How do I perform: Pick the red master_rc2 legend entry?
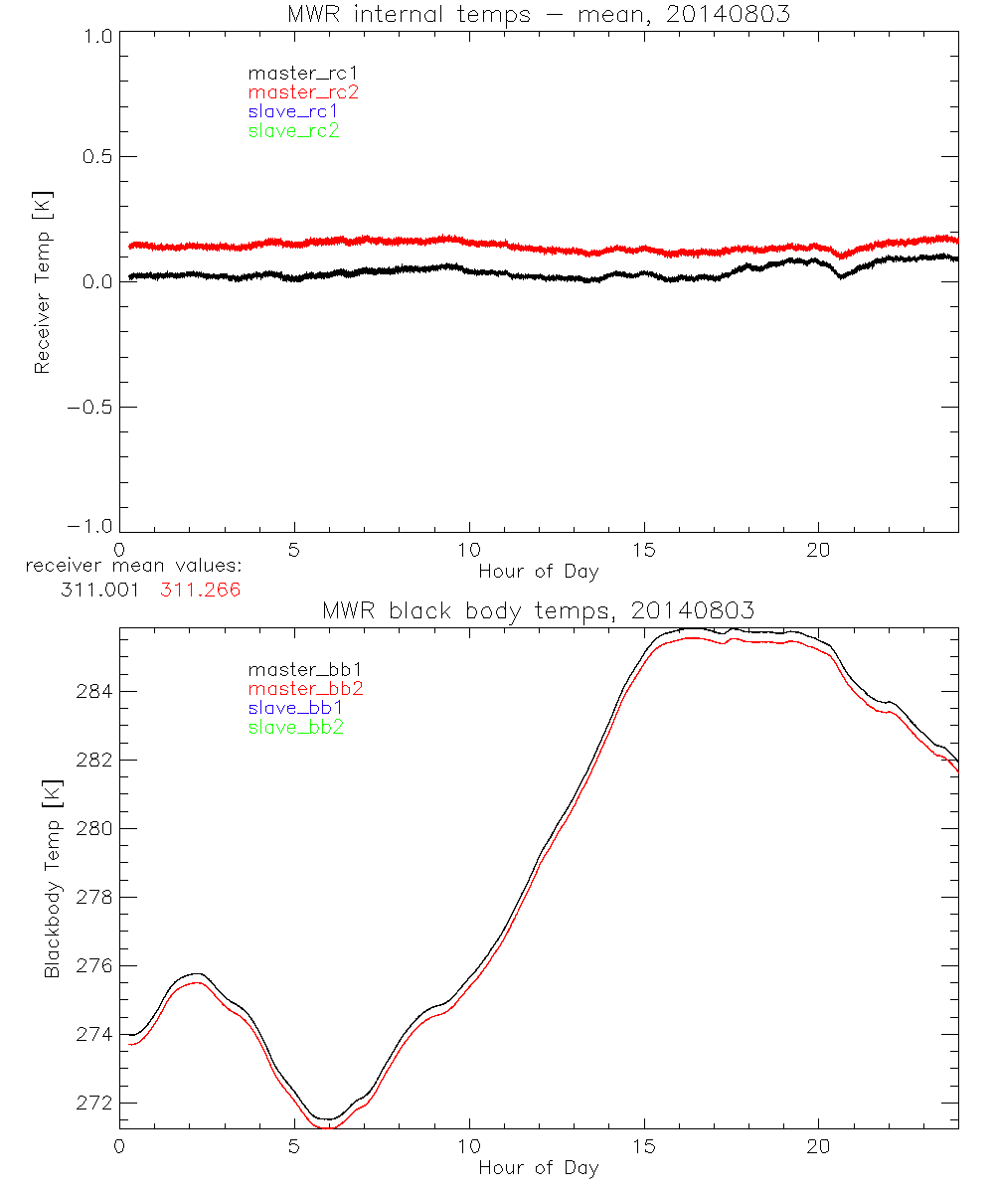[x=303, y=91]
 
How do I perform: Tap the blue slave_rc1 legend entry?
[x=293, y=111]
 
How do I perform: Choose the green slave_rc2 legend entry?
[x=293, y=130]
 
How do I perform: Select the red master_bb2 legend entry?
[x=305, y=688]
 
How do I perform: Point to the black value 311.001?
[x=99, y=590]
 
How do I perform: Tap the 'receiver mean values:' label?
[x=133, y=567]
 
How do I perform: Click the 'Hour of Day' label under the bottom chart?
[x=538, y=1167]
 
